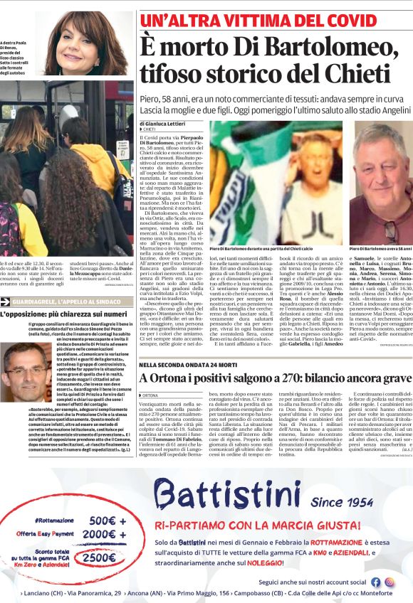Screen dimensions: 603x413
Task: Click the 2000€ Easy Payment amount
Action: coord(99,534)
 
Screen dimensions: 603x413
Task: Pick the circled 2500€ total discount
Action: coord(99,559)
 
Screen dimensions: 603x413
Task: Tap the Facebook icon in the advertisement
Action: coord(376,581)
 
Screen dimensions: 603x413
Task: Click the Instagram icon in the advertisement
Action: coord(390,581)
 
